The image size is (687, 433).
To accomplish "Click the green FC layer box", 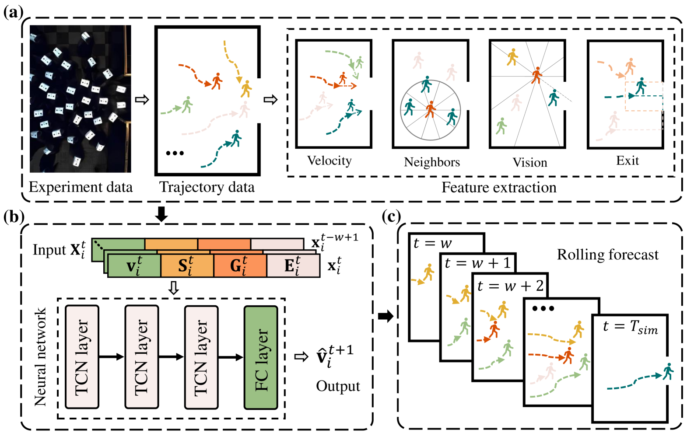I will click(261, 357).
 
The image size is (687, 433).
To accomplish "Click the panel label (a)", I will click(13, 12).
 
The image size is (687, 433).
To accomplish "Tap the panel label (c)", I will click(391, 216).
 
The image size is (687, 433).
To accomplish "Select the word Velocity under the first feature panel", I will click(329, 161).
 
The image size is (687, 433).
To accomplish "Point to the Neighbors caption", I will click(432, 162).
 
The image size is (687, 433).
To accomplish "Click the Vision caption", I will click(530, 163).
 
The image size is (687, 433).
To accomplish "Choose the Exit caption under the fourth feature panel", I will click(627, 161).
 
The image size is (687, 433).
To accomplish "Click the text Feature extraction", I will click(499, 188).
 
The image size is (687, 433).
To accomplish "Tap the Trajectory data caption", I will click(207, 187).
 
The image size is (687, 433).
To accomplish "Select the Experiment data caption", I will click(81, 187).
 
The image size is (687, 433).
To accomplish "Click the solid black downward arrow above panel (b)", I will click(162, 214).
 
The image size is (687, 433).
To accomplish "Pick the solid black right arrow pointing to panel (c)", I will click(386, 316).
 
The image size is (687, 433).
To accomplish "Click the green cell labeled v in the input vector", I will click(134, 266).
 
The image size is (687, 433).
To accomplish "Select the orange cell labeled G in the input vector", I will click(239, 266).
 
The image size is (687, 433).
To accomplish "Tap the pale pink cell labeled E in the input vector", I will click(293, 266).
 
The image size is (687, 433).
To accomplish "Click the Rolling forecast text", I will click(607, 255).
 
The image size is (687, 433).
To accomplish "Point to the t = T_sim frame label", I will click(630, 327).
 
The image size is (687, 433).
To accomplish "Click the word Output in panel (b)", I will click(338, 386).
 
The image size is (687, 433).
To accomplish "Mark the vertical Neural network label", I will click(40, 357).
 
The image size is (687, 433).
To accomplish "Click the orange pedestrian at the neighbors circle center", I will click(431, 109).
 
